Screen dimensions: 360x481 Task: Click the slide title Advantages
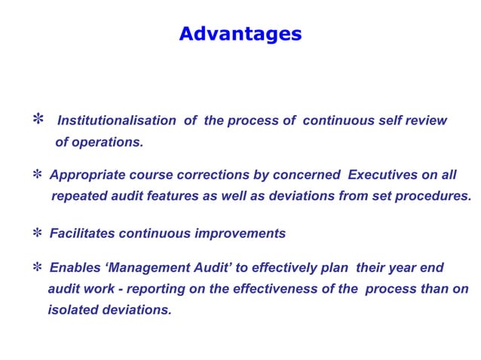click(x=240, y=34)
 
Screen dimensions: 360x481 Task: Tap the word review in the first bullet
click(x=427, y=121)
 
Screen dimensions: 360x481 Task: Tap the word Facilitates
click(x=83, y=233)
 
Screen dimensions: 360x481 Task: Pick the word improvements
click(x=240, y=233)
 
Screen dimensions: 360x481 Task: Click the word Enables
click(x=73, y=267)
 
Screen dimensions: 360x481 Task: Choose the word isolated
click(x=72, y=310)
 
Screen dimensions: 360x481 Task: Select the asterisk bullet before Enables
click(x=37, y=268)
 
